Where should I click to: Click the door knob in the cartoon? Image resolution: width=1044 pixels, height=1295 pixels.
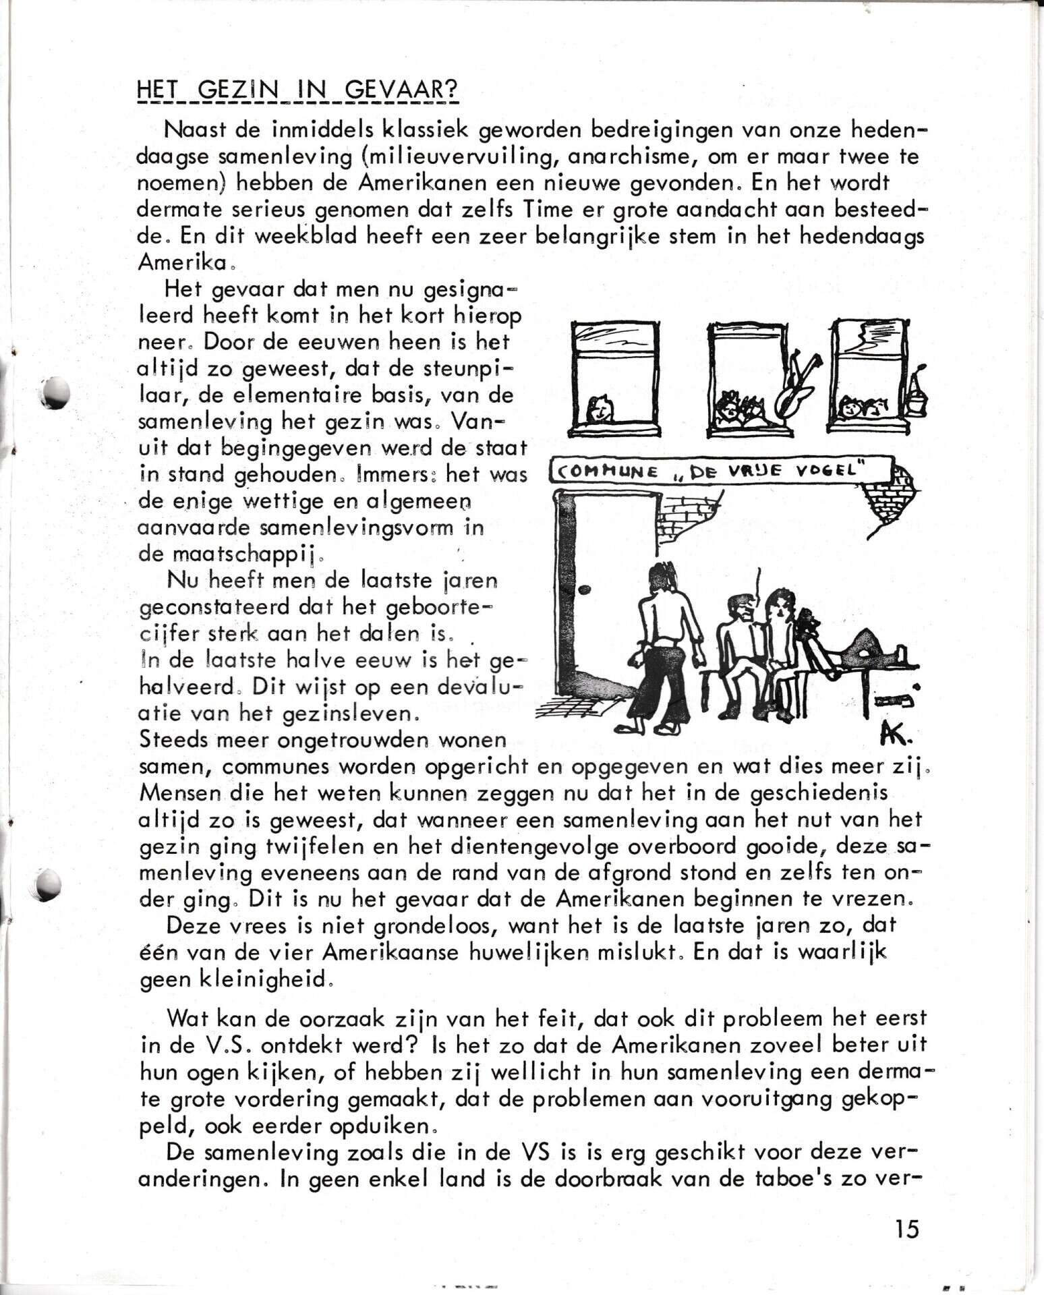pyautogui.click(x=585, y=589)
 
